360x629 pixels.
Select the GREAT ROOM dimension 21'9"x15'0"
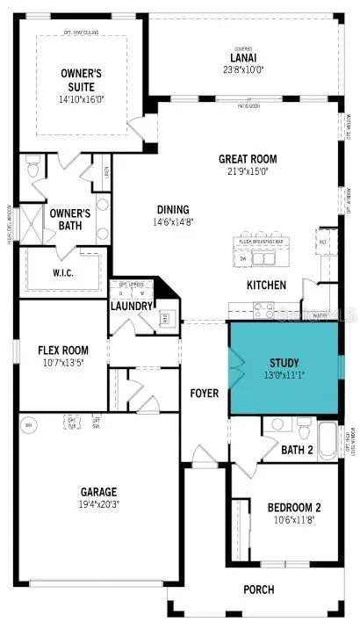(x=248, y=172)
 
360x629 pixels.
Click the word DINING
(x=172, y=209)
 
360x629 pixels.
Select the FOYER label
(x=205, y=393)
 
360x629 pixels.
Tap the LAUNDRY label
(x=133, y=306)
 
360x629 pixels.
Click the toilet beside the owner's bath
(x=33, y=163)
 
